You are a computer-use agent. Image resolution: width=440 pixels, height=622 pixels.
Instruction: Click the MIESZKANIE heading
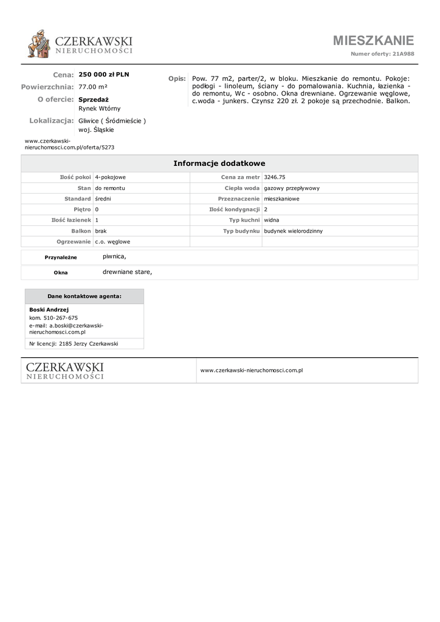tap(373, 41)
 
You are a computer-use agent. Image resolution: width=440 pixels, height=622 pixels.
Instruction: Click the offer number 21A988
tap(403, 54)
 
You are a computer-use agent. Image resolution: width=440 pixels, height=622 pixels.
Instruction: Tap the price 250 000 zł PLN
tap(104, 75)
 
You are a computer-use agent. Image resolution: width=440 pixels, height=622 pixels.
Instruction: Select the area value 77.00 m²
tap(93, 87)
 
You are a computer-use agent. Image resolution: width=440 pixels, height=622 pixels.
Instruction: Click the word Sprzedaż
tap(94, 99)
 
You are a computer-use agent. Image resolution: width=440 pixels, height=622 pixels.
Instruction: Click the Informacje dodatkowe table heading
tap(219, 163)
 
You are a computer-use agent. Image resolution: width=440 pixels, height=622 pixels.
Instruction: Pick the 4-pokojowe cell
tap(110, 177)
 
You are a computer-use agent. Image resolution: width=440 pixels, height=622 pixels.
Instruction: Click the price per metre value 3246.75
tap(275, 177)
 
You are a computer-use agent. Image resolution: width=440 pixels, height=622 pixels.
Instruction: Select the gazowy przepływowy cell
tap(292, 188)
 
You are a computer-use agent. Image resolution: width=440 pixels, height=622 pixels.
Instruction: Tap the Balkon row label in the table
tap(81, 231)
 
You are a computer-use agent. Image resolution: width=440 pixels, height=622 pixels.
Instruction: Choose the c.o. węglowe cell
tap(112, 242)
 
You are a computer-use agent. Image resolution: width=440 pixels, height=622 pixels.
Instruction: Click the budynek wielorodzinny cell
tap(294, 231)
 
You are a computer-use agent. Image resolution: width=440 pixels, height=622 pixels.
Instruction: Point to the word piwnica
tap(114, 257)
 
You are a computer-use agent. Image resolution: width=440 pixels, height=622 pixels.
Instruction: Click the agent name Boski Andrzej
tap(49, 309)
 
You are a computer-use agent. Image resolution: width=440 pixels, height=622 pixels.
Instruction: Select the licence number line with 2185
tap(74, 343)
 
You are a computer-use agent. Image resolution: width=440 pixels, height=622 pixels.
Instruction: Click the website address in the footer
tap(252, 370)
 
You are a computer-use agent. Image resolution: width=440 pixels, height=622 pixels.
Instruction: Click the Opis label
tap(177, 79)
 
